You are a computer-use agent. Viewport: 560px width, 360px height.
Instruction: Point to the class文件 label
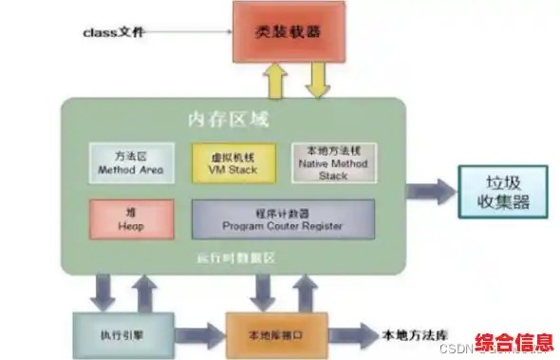coord(114,32)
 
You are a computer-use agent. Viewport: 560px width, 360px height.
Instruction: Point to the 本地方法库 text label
coord(413,335)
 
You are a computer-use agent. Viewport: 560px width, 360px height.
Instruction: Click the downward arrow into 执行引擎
coord(106,289)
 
